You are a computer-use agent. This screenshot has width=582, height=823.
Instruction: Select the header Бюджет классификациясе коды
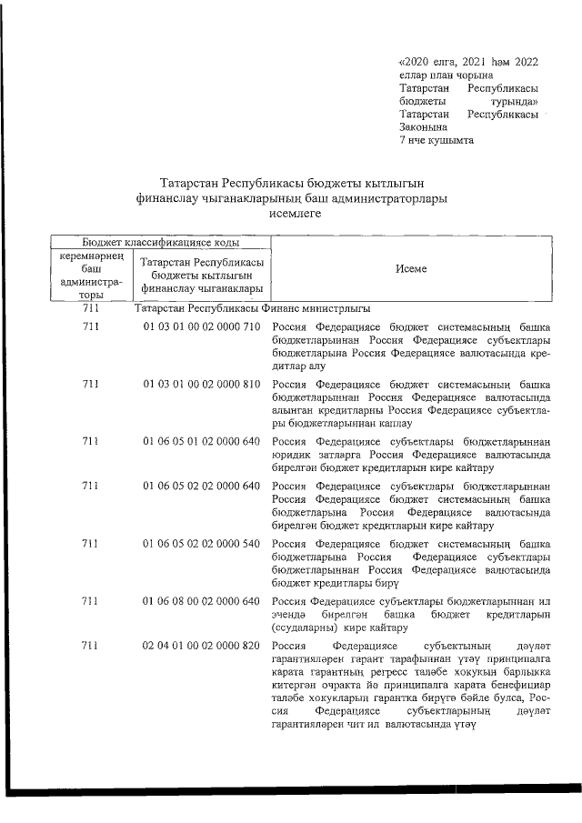(x=161, y=242)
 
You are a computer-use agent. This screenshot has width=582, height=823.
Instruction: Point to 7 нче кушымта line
(x=436, y=141)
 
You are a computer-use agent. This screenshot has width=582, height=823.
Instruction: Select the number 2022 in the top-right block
(x=526, y=62)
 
